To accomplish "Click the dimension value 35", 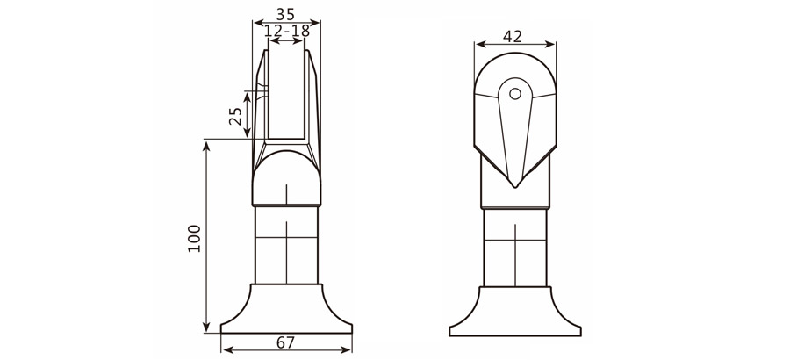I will tap(286, 14).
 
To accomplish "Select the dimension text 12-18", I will tap(286, 31).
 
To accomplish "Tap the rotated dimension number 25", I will tap(236, 117).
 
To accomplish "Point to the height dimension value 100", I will tap(194, 238).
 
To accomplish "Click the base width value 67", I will tap(286, 342).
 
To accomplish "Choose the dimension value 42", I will tap(514, 36).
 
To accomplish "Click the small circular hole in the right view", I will tap(515, 92).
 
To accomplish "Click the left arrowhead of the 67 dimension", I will tap(226, 349).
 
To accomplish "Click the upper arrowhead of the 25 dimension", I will tap(249, 95).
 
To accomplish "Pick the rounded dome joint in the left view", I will tap(287, 176).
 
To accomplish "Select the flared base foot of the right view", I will tap(515, 312).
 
